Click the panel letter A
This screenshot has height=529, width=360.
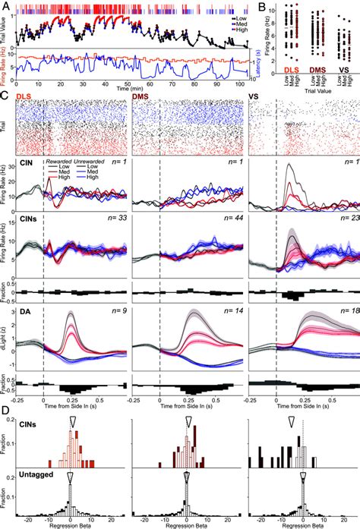pyautogui.click(x=5, y=5)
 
